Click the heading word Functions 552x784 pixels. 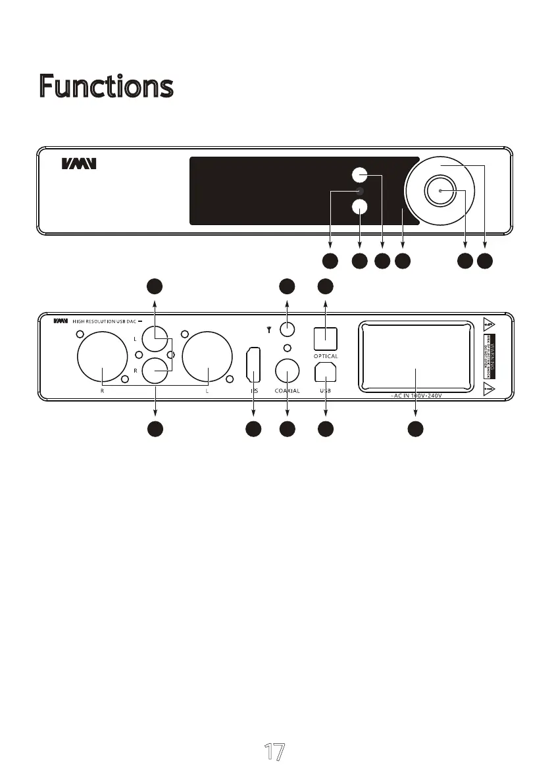tap(106, 86)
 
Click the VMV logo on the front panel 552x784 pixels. tap(79, 163)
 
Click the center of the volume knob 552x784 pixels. tap(439, 191)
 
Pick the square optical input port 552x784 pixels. tap(326, 339)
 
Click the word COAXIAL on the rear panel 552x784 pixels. tap(288, 391)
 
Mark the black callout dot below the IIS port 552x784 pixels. tap(253, 429)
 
